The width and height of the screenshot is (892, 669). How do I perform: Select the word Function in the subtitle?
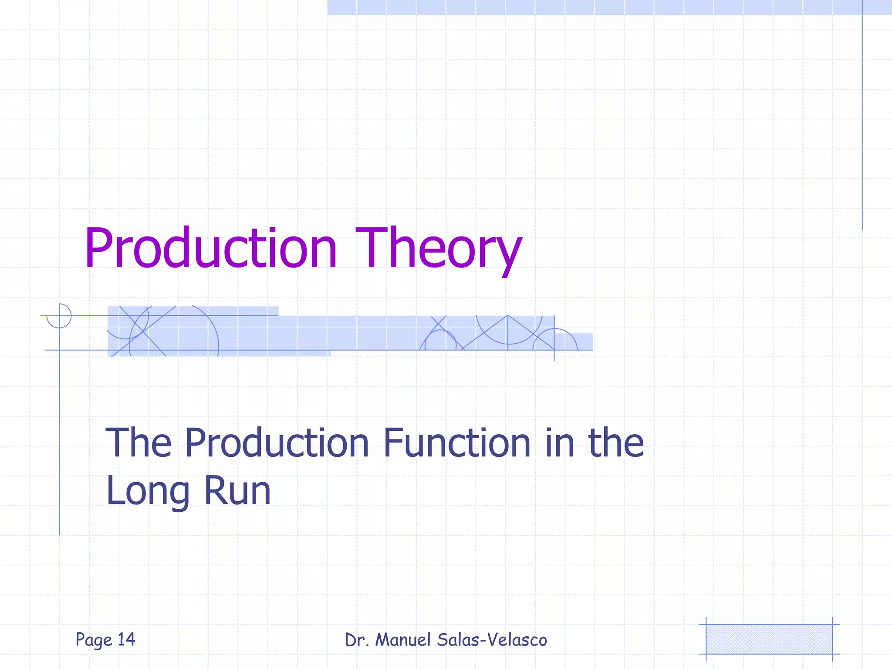(x=456, y=443)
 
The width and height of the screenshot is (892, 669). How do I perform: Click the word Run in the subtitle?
(x=237, y=491)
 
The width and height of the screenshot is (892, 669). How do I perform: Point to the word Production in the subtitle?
(x=277, y=443)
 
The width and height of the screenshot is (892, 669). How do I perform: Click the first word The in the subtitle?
(x=139, y=443)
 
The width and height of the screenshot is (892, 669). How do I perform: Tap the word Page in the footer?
(x=94, y=640)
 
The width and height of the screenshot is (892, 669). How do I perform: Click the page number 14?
(x=126, y=639)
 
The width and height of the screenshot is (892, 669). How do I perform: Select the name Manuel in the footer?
(x=403, y=640)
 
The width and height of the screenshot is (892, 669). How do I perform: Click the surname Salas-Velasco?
(x=492, y=640)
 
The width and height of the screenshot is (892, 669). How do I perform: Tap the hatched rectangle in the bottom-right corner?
(x=769, y=639)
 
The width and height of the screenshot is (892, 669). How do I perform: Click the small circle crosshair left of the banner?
(x=59, y=316)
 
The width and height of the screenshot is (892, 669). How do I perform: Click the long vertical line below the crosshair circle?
(x=59, y=436)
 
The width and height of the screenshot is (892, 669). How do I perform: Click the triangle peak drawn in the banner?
(x=508, y=317)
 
